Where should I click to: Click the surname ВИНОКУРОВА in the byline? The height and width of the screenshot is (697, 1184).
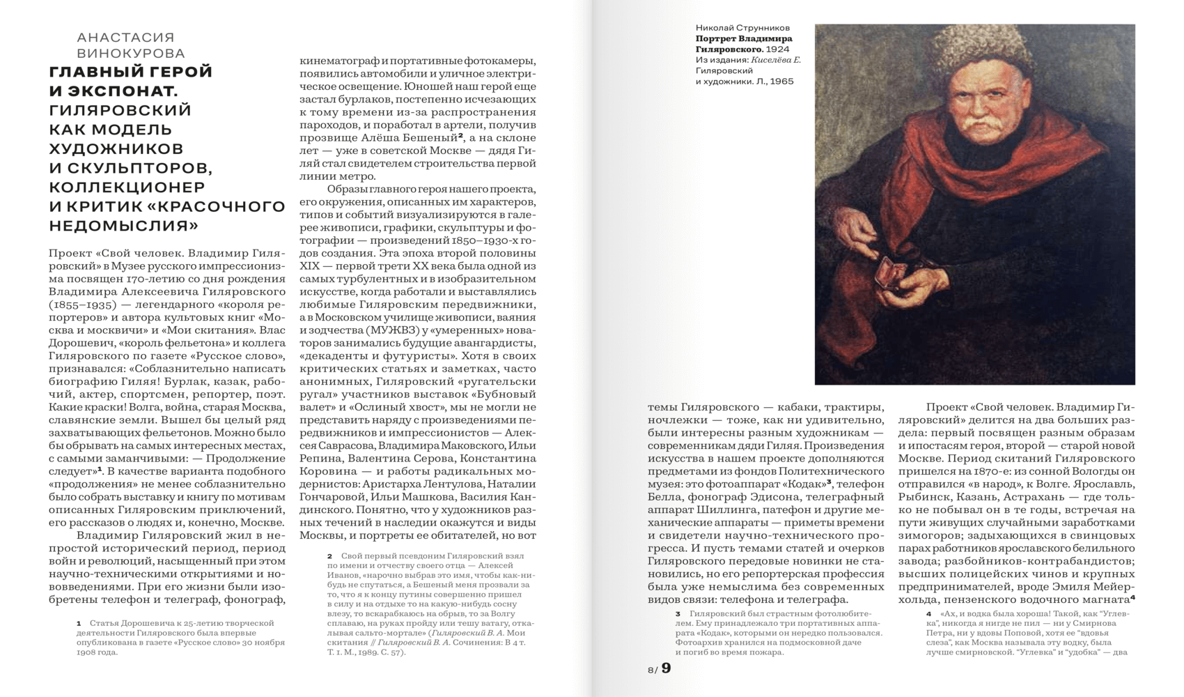point(130,54)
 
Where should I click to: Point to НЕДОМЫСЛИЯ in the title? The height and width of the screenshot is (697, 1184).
point(123,225)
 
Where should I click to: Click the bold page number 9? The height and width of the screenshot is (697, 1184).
point(667,668)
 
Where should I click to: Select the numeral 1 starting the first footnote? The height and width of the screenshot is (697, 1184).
point(79,623)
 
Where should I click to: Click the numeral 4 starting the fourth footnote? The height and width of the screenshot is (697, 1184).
point(928,614)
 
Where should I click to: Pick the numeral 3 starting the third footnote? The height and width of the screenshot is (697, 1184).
point(677,614)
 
